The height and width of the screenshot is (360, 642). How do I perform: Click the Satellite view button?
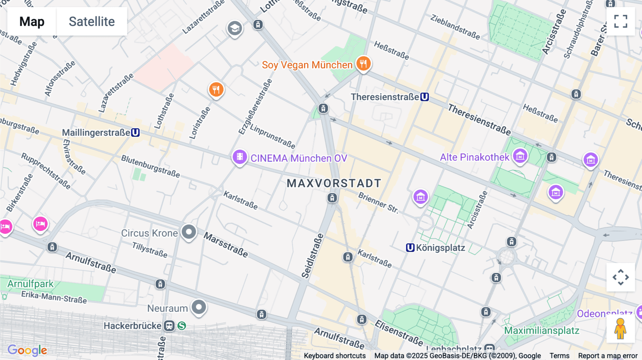click(x=92, y=21)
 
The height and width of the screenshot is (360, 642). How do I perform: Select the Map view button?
click(x=32, y=21)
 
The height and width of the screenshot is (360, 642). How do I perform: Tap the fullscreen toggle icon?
click(x=621, y=21)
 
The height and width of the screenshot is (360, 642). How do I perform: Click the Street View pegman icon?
click(x=620, y=329)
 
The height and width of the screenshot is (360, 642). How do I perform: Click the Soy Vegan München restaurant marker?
click(x=363, y=64)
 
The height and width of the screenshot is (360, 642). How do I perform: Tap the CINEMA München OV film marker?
click(x=240, y=157)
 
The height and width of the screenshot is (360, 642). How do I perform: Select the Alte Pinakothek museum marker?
click(x=520, y=156)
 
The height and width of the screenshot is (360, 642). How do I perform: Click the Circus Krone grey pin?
click(x=189, y=232)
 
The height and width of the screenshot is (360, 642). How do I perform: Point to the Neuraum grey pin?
click(x=199, y=307)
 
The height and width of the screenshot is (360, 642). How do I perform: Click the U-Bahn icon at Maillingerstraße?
click(x=135, y=133)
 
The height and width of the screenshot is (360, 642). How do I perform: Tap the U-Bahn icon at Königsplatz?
click(x=410, y=248)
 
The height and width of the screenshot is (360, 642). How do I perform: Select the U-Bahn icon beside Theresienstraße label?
click(x=424, y=97)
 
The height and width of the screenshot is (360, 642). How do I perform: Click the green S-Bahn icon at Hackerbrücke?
click(x=182, y=326)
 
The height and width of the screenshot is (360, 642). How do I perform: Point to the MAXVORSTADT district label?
click(x=334, y=183)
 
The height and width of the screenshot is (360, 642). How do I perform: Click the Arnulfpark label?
click(x=30, y=284)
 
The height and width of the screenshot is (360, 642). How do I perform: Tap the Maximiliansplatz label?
click(x=541, y=330)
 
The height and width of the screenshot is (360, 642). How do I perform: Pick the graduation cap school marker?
click(x=235, y=28)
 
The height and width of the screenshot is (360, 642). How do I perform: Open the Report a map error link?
click(x=607, y=355)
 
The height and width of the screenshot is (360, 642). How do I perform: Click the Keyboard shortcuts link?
click(x=335, y=355)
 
